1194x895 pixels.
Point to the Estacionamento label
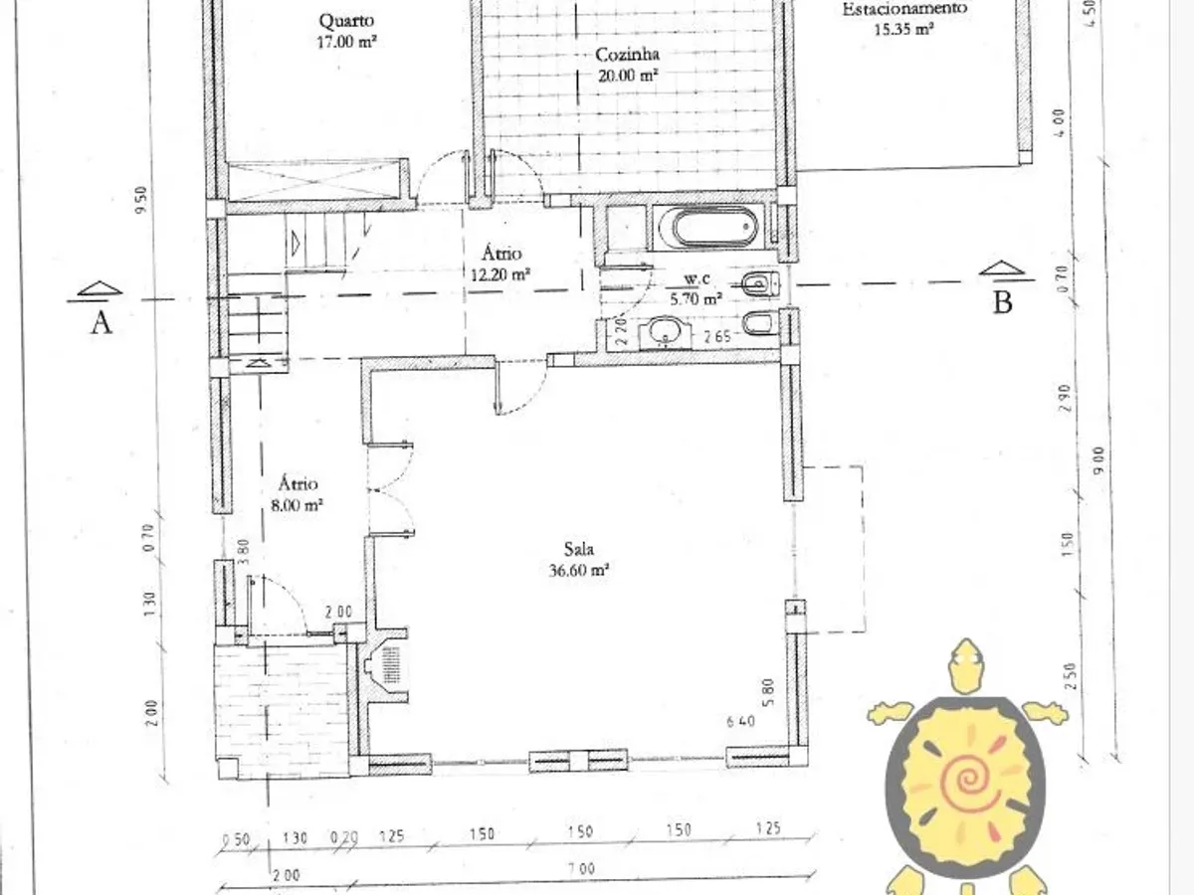coord(904,9)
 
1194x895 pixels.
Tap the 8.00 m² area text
coord(298,505)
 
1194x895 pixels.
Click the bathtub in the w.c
coord(712,228)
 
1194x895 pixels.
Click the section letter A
coord(100,322)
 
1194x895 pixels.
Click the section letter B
coord(1002,302)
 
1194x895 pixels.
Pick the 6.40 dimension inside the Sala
coord(741,721)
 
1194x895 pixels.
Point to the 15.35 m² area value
coord(903,30)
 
